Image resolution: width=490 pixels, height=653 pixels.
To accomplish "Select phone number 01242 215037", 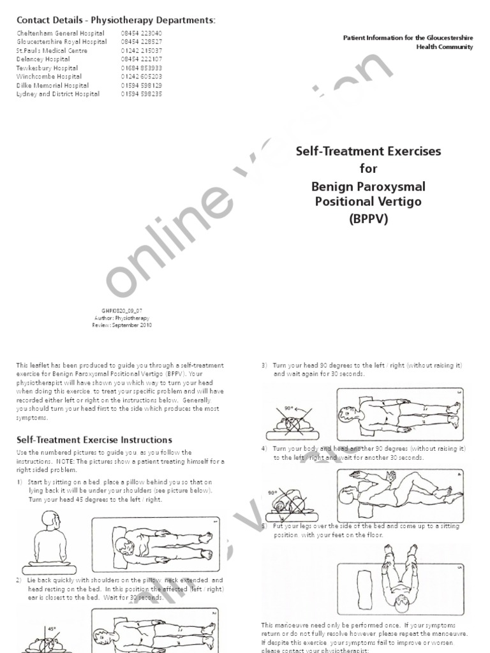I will point(141,50).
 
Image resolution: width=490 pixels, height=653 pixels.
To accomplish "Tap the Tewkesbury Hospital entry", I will point(47,68).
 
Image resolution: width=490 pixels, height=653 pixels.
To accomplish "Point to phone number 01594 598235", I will point(141,94).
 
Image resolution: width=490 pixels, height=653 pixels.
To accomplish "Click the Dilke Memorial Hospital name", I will point(52,85).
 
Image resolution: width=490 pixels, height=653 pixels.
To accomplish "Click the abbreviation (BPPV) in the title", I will point(367,218).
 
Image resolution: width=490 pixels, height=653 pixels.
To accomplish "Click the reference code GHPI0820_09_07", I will point(122,309).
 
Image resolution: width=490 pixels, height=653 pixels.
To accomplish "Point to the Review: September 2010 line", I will point(122,324).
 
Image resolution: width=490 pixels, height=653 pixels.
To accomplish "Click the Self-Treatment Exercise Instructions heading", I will point(94,439).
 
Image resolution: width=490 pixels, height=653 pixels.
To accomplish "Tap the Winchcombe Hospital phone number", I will point(141,77).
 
